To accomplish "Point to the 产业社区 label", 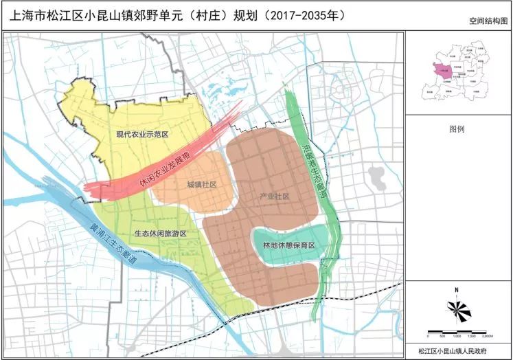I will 275,197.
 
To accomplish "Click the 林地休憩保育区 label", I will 288,245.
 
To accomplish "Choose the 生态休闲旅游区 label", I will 160,234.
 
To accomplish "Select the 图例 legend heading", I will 457,129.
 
